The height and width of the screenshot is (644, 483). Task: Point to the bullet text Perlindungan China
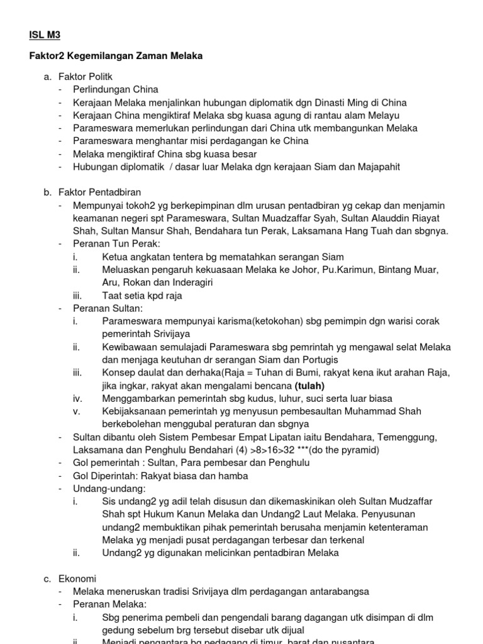point(116,89)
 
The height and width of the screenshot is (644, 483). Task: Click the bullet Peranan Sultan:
point(108,308)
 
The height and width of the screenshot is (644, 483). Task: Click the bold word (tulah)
point(303,385)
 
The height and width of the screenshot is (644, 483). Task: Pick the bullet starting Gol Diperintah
point(160,475)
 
